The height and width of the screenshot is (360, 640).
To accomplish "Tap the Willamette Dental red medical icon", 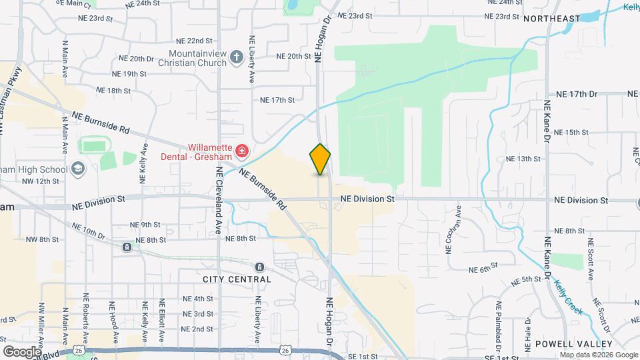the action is point(241,152).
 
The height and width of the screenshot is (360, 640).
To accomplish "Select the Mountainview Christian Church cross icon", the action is point(236,57).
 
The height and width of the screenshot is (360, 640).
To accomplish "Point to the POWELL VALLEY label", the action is point(574,344).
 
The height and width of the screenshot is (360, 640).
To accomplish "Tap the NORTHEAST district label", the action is point(552,19).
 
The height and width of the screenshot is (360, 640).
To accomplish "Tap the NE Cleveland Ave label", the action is point(219,199).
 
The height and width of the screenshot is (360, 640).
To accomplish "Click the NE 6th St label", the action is point(485,270).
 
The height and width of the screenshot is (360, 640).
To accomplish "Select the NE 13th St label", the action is point(523,159).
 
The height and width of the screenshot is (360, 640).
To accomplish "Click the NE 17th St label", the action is point(277,100).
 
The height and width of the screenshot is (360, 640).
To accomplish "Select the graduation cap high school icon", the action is point(79,168).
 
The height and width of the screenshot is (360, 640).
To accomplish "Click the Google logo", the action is point(21,351).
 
